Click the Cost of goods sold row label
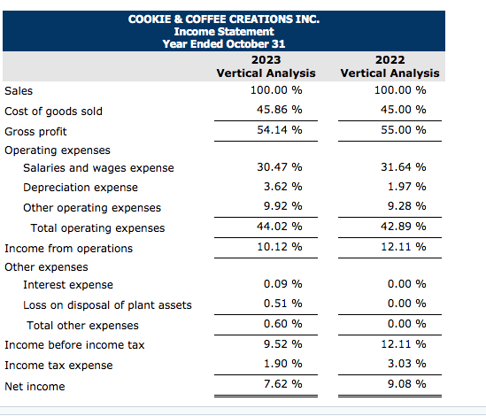click(x=53, y=111)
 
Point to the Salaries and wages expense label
click(x=98, y=168)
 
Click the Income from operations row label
click(x=68, y=249)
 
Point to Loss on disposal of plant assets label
click(x=107, y=305)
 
